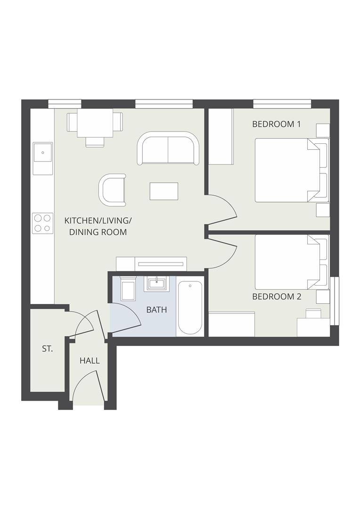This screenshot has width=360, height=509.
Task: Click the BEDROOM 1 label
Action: tap(276, 124)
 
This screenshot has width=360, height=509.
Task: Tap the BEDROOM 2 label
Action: tap(277, 297)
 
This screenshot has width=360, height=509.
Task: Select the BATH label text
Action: tap(156, 310)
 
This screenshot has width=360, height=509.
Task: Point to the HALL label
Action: tap(90, 361)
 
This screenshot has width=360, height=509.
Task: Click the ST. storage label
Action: tap(47, 349)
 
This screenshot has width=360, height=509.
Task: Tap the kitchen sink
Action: tap(43, 152)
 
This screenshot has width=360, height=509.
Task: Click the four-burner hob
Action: tap(42, 223)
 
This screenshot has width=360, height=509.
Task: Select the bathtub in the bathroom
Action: tap(190, 307)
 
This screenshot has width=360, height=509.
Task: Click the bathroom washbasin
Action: tap(156, 283)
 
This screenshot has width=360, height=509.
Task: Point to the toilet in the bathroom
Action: tap(128, 289)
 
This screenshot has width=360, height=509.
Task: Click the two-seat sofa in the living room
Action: tap(168, 148)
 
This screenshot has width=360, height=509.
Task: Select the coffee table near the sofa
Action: tap(164, 191)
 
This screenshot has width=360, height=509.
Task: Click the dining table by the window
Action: tap(95, 123)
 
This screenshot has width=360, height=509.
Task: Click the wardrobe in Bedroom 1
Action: tap(221, 136)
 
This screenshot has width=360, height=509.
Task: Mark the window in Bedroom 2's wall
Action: tap(334, 301)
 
